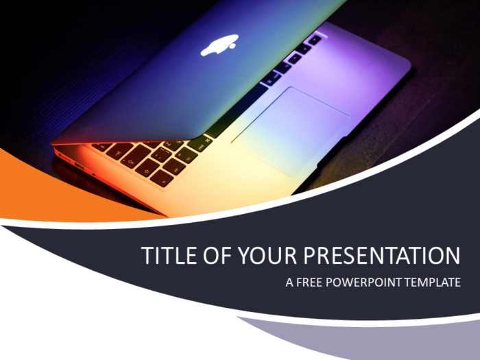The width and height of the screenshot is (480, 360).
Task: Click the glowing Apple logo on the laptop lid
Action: [219, 47]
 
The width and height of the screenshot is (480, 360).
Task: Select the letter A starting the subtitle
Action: [289, 283]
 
